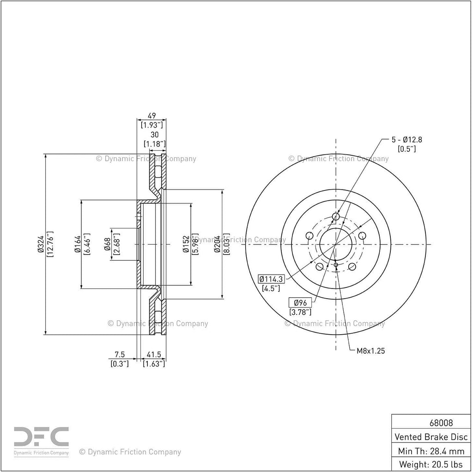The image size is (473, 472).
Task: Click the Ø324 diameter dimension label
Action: (41, 244)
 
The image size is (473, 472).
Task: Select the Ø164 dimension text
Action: (78, 244)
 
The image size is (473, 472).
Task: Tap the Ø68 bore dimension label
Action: (107, 244)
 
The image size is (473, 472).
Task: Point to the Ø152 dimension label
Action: (186, 244)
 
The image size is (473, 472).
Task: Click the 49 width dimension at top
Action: (152, 116)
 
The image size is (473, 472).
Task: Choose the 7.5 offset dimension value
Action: (120, 354)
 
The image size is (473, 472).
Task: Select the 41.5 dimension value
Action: (154, 354)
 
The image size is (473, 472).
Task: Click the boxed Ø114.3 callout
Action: (271, 279)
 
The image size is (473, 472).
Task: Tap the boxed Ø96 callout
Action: (300, 303)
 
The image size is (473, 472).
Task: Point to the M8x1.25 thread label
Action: (371, 350)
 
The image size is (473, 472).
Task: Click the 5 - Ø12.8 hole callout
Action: (406, 140)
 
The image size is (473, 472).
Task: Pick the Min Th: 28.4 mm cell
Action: (431, 451)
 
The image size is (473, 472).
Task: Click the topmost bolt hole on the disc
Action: (336, 216)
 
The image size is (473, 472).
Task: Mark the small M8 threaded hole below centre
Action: (336, 265)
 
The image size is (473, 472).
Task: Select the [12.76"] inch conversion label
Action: (50, 244)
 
